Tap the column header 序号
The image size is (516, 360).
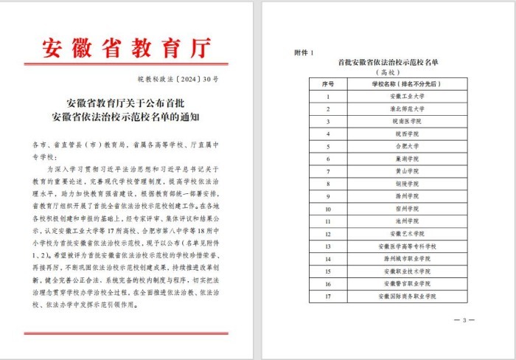pos(328,85)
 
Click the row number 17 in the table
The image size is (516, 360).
pos(328,297)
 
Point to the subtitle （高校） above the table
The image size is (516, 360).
pos(387,74)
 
